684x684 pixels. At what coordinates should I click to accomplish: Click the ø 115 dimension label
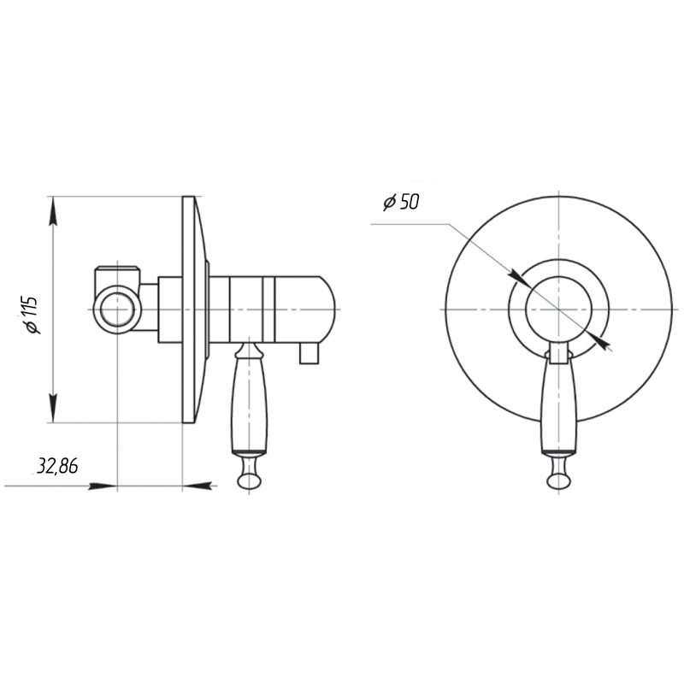32,315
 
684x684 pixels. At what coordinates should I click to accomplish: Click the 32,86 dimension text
57,466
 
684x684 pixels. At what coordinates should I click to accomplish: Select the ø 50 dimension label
401,203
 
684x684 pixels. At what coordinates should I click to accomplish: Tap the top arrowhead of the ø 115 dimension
53,211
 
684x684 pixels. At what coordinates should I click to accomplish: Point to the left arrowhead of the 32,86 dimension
103,486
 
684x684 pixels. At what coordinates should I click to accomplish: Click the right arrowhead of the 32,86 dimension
198,485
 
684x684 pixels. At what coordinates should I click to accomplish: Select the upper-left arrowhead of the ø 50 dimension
521,279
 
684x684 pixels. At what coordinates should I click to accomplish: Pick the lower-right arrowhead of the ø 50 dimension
598,339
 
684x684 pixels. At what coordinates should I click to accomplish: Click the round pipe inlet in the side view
116,310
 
